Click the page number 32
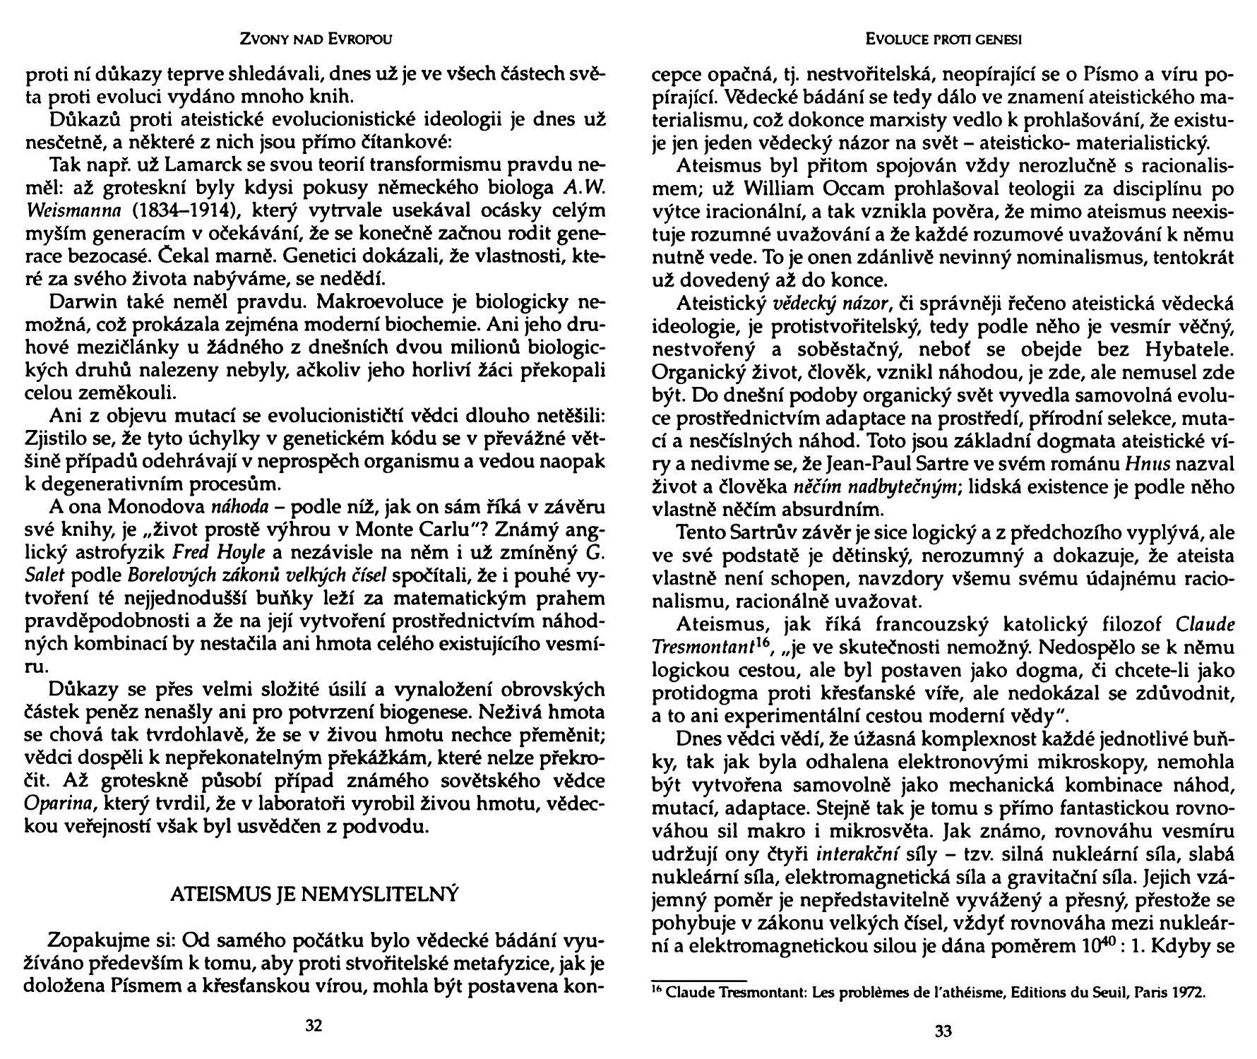point(314,1026)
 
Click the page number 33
point(943,1031)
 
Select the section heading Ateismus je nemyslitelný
point(314,895)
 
